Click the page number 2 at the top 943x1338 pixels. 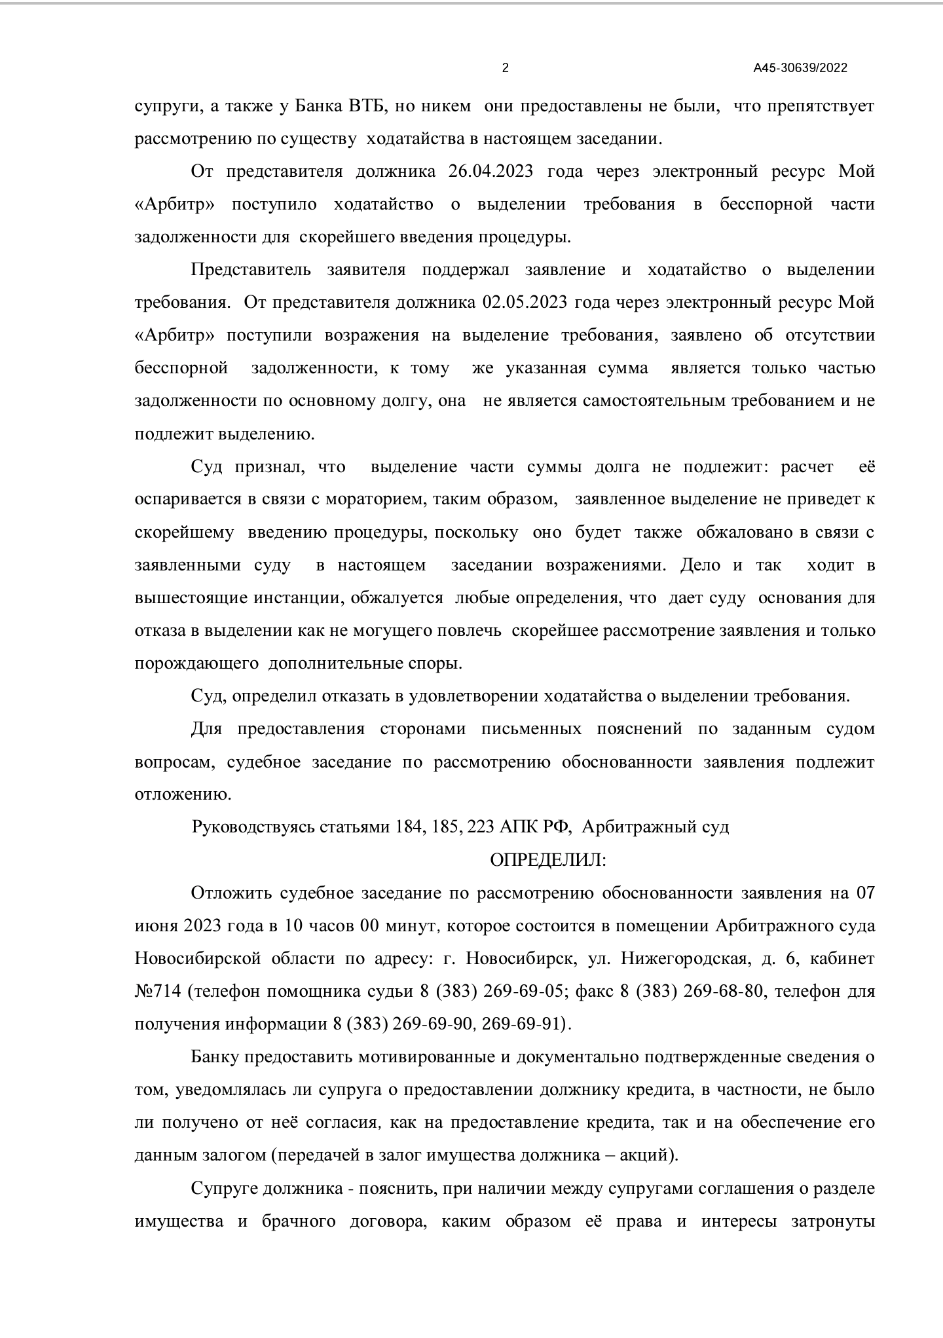tap(505, 68)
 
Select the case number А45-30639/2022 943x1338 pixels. tap(800, 68)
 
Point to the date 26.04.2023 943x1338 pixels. tap(490, 172)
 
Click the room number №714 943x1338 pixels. tap(158, 992)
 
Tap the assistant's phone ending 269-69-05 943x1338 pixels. tap(523, 992)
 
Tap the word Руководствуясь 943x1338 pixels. tap(253, 827)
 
